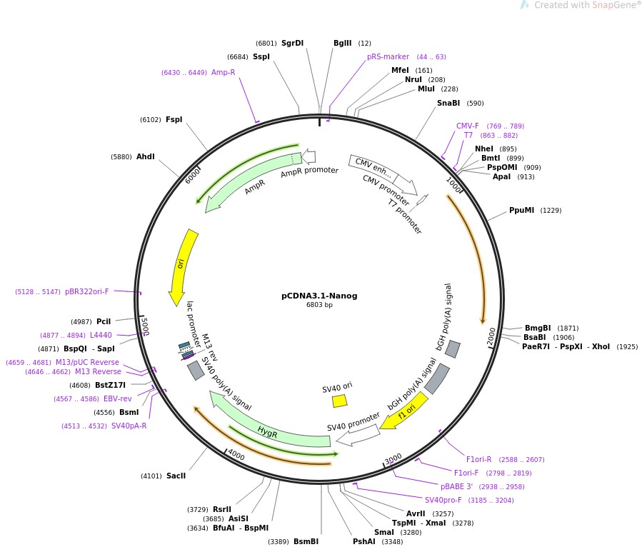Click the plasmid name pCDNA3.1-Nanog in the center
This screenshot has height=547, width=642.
pyautogui.click(x=319, y=296)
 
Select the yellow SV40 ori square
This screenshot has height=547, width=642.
pyautogui.click(x=340, y=401)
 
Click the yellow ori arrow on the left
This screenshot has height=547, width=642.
pyautogui.click(x=182, y=266)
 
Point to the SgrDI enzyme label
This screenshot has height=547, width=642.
pyautogui.click(x=292, y=43)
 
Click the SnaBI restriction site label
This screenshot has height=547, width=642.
pyautogui.click(x=448, y=103)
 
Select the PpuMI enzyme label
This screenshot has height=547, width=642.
pyautogui.click(x=521, y=210)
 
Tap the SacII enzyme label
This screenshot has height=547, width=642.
pyautogui.click(x=176, y=476)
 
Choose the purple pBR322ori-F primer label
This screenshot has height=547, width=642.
pyautogui.click(x=87, y=291)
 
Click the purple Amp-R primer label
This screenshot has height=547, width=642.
pyautogui.click(x=223, y=72)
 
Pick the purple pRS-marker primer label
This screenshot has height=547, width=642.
pyautogui.click(x=388, y=56)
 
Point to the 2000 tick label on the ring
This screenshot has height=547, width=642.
pyautogui.click(x=491, y=336)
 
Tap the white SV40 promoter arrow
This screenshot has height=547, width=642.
pyautogui.click(x=358, y=435)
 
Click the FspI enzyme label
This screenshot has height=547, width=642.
pyautogui.click(x=174, y=119)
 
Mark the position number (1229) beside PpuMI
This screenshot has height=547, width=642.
pyautogui.click(x=551, y=211)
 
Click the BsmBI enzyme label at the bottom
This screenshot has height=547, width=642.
pyautogui.click(x=306, y=541)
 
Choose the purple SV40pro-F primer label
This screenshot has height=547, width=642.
pyautogui.click(x=443, y=500)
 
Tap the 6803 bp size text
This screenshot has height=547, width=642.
pyautogui.click(x=319, y=305)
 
